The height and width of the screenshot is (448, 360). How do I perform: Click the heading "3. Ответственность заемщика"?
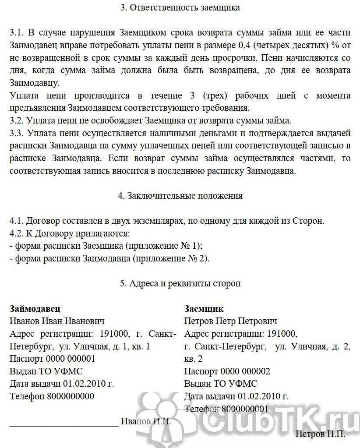coord(180,8)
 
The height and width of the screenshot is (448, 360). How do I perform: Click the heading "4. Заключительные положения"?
coord(180,196)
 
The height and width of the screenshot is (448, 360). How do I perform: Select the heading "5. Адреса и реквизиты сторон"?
coord(180,283)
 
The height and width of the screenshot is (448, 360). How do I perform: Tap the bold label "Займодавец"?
coord(35,308)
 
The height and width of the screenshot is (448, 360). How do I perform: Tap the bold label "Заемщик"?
coord(204,308)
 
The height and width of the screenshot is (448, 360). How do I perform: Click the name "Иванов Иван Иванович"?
coord(57,321)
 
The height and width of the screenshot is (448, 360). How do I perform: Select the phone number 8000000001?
coord(245,409)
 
